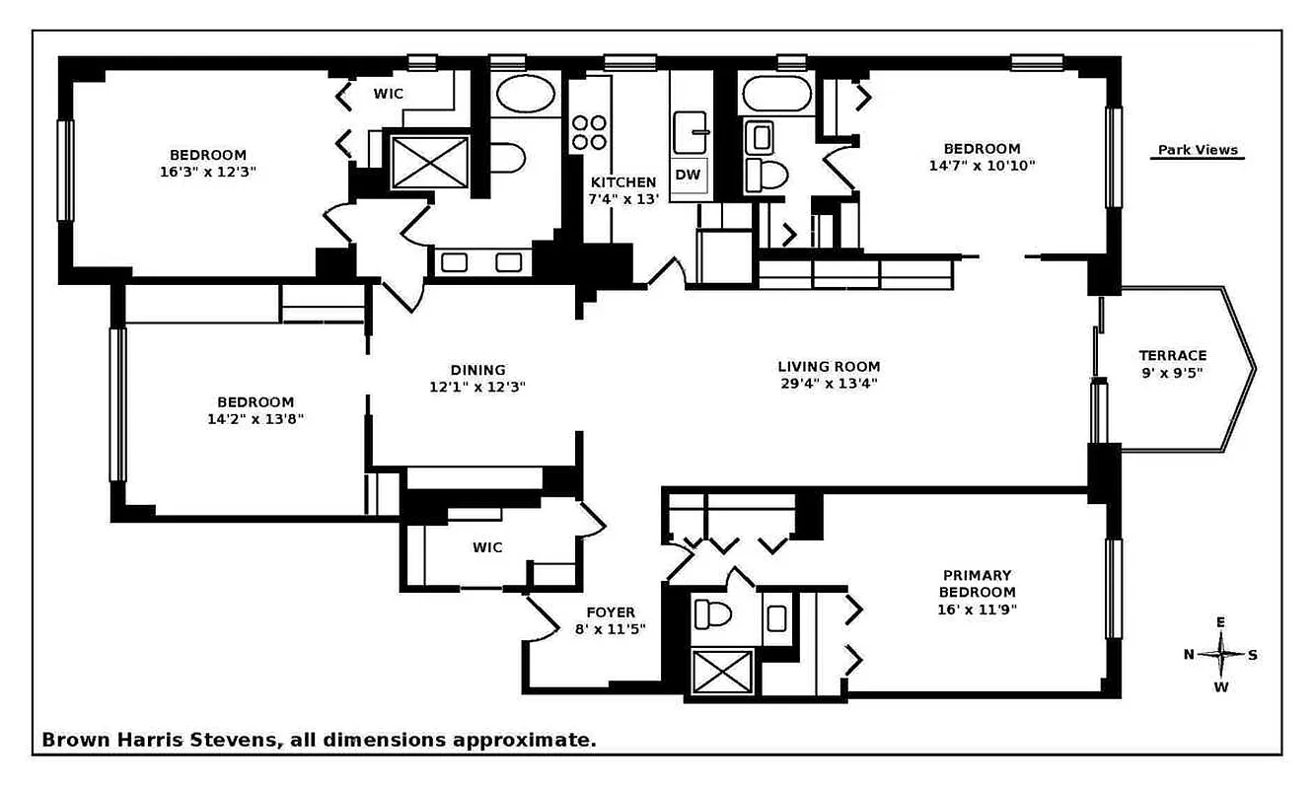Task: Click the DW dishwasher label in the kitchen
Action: tap(688, 175)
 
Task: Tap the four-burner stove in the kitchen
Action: tap(590, 132)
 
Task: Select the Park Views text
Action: tap(1198, 151)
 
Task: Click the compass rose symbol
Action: tap(1221, 654)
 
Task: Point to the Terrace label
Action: tap(1172, 355)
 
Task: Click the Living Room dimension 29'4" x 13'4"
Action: tap(828, 384)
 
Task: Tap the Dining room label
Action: tap(477, 370)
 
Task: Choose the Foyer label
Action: tap(611, 611)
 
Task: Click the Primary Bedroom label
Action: tap(977, 583)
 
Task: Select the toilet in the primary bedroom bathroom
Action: tap(711, 613)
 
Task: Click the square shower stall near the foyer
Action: tap(720, 672)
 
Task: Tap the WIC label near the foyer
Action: tap(487, 547)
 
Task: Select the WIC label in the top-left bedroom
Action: tap(388, 94)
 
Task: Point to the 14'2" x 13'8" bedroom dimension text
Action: tap(256, 418)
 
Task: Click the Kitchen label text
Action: tap(622, 181)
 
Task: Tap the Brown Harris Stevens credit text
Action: tap(318, 739)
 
